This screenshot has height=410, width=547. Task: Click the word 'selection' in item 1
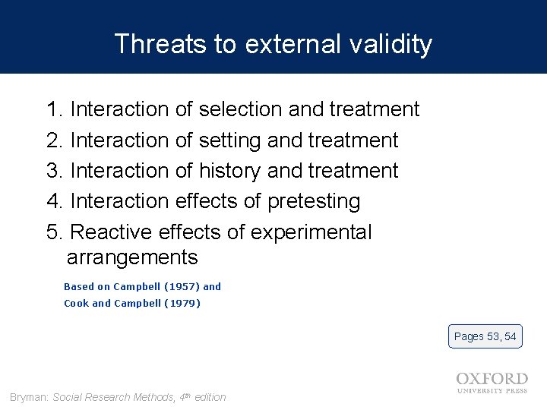coord(241,109)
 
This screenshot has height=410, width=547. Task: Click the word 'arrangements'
coord(132,257)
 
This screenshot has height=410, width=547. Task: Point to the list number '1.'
coord(55,109)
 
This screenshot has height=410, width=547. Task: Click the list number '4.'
coord(55,201)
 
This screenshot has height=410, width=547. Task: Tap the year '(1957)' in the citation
coord(182,287)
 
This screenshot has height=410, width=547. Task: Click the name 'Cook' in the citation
coord(76,304)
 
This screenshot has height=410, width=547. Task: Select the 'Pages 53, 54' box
coord(485,336)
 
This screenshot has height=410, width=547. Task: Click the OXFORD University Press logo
coord(492,382)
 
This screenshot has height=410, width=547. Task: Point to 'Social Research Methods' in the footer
coord(114,397)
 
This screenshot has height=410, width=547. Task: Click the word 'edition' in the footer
coord(210,397)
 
